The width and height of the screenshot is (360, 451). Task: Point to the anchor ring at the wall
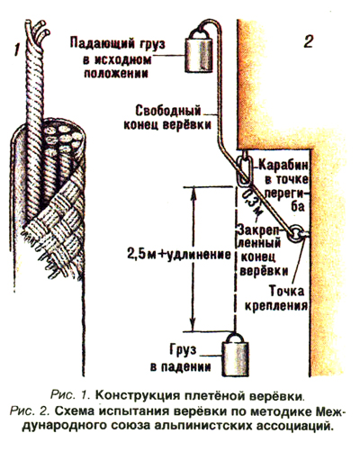(x=295, y=233)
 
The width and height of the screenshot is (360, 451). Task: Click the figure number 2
(x=309, y=41)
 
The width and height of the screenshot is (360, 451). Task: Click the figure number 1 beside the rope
(x=18, y=50)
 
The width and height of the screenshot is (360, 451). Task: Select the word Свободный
(x=168, y=111)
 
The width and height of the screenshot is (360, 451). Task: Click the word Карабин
(x=283, y=165)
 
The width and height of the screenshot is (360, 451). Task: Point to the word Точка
(x=286, y=291)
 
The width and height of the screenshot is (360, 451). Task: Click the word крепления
(x=276, y=305)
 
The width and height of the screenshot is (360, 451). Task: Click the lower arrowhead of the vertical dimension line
(x=193, y=324)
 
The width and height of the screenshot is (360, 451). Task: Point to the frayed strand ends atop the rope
(x=37, y=28)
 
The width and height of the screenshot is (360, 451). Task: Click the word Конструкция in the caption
(x=136, y=396)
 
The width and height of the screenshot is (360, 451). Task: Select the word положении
(x=116, y=73)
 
